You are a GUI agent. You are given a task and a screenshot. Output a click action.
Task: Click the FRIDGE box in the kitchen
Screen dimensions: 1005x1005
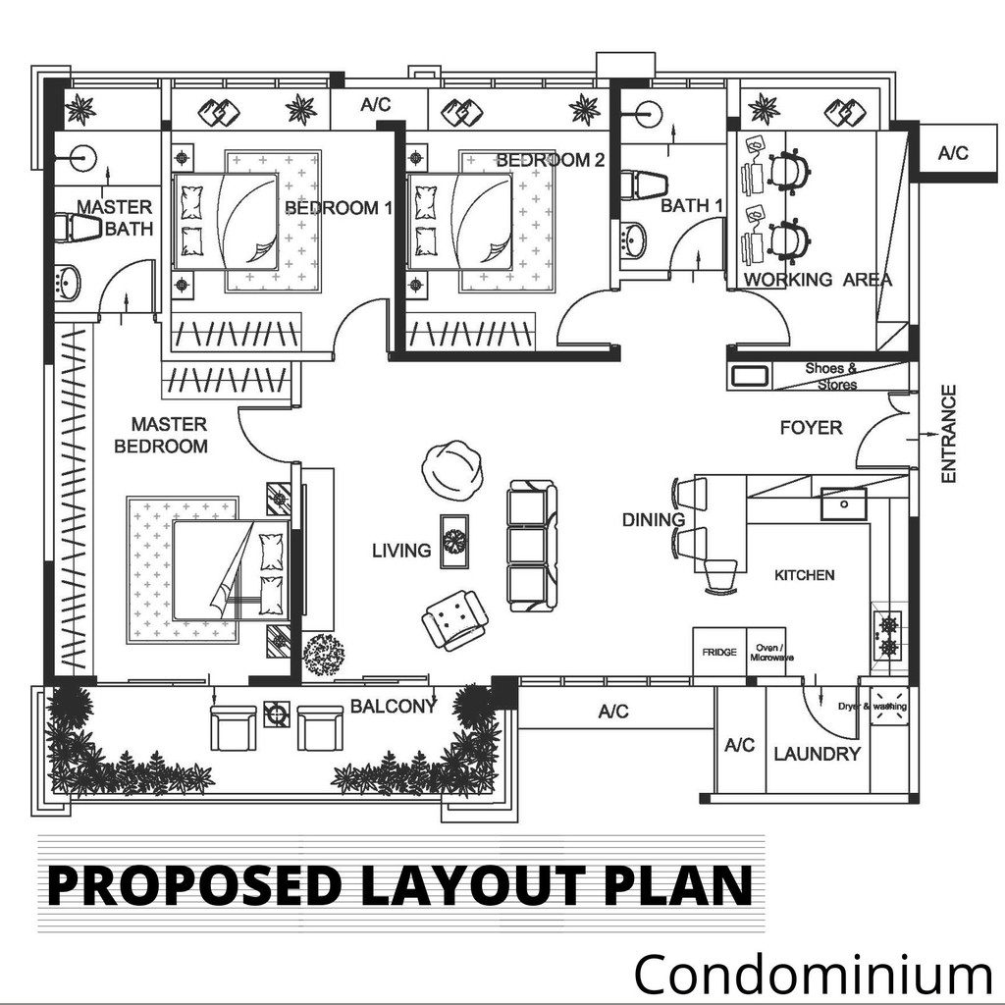(x=719, y=652)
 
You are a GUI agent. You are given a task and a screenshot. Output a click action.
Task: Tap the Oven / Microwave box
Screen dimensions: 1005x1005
(x=767, y=652)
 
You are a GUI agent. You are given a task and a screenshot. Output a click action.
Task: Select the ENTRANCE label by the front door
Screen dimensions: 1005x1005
(x=949, y=434)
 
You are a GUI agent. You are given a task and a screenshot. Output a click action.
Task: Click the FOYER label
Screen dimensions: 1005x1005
(x=811, y=428)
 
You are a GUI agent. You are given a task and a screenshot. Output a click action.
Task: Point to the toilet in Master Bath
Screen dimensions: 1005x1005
(x=79, y=228)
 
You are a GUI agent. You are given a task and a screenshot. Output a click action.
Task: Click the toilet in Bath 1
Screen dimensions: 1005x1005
(x=643, y=184)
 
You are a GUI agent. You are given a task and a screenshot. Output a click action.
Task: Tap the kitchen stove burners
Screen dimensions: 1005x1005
(x=887, y=636)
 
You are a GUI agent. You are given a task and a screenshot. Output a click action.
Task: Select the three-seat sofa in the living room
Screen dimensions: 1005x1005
(x=532, y=546)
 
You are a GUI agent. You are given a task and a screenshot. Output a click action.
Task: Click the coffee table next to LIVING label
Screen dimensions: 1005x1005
(x=454, y=542)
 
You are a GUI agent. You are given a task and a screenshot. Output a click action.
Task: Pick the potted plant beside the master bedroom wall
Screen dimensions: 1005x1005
(x=324, y=654)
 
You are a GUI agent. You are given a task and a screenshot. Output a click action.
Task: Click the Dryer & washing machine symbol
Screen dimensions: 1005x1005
(x=889, y=707)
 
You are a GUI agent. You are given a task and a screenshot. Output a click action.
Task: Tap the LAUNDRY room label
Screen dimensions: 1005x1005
(x=818, y=754)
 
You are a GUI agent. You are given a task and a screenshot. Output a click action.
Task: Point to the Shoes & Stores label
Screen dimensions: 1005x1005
(x=832, y=376)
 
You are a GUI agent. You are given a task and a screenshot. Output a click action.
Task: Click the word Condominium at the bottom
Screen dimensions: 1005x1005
(x=814, y=973)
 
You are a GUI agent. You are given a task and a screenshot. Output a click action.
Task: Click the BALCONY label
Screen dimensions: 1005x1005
(x=394, y=707)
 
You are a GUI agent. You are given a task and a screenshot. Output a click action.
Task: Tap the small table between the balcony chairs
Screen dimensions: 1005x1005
(x=277, y=714)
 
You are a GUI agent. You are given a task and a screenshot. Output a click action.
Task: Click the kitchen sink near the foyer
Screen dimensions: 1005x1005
(x=844, y=503)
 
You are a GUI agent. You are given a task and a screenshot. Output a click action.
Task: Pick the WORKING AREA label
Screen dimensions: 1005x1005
(x=818, y=280)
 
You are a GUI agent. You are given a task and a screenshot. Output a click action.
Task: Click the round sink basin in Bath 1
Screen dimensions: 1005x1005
(x=634, y=239)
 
